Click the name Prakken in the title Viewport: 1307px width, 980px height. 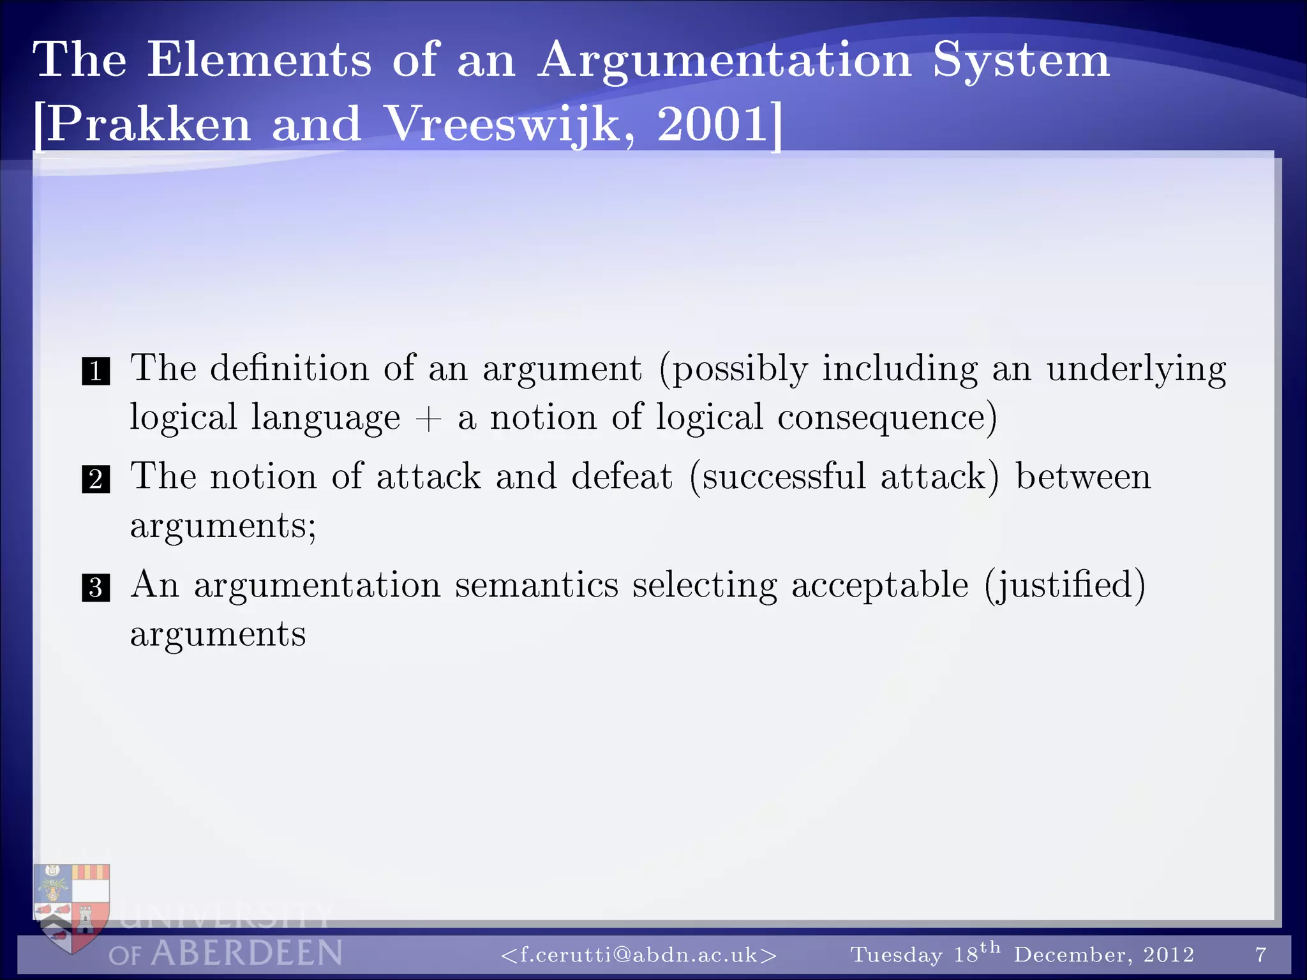click(x=148, y=124)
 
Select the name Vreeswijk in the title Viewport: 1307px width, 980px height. click(x=502, y=124)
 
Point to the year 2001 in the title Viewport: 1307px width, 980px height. click(x=712, y=124)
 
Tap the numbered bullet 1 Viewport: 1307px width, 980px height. click(x=96, y=371)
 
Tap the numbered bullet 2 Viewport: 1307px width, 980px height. click(x=96, y=479)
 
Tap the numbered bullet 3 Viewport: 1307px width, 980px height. click(x=96, y=588)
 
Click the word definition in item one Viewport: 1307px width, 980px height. click(x=289, y=368)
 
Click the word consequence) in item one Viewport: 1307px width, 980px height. click(x=886, y=418)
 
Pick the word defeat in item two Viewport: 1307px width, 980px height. click(x=622, y=477)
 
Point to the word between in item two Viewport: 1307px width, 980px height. click(x=1083, y=477)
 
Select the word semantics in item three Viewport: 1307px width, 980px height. click(x=536, y=585)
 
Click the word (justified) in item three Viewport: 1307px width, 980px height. click(x=1064, y=585)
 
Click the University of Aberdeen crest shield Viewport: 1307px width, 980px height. click(x=71, y=906)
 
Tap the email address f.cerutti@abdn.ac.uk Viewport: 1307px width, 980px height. click(x=639, y=954)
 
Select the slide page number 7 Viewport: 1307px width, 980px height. click(x=1260, y=954)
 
